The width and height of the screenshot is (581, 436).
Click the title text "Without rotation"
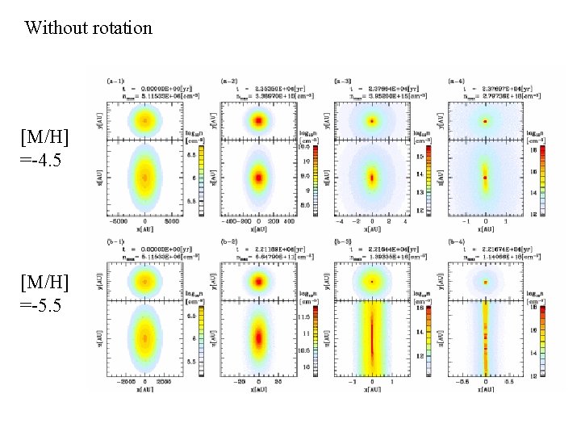[88, 28]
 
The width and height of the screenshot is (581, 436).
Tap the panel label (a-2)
[229, 82]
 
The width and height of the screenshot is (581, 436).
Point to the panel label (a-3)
[342, 82]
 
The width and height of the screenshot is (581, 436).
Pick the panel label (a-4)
[456, 82]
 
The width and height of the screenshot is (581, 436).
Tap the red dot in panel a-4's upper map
[485, 121]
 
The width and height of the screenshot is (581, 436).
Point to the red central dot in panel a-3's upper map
[372, 121]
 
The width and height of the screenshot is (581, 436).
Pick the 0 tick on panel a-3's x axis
[372, 220]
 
